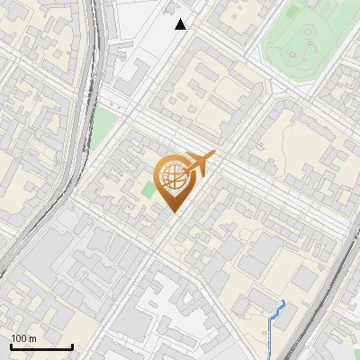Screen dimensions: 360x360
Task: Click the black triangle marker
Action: tap(181, 24)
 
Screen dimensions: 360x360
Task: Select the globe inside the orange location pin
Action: tap(171, 177)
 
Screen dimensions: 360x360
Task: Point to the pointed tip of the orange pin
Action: tap(172, 211)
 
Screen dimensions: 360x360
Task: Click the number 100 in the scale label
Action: tap(19, 338)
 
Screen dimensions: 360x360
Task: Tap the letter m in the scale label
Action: tap(32, 338)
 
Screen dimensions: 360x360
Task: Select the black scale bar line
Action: tap(41, 346)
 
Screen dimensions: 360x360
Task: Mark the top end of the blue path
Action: tap(283, 301)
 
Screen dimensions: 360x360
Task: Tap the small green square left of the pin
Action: tap(148, 190)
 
